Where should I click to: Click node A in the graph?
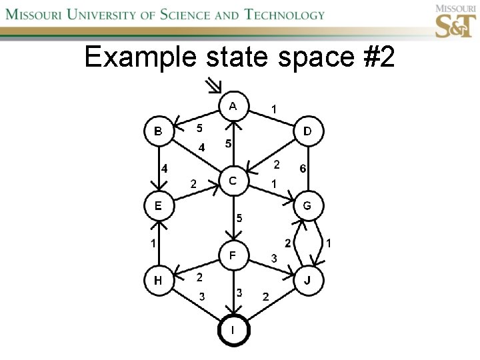[x=233, y=107]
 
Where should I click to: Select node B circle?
[x=159, y=131]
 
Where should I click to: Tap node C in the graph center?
[x=233, y=181]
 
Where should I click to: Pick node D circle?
[x=307, y=131]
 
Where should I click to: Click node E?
[x=159, y=205]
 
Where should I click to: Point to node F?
[x=233, y=255]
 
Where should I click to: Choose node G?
[x=307, y=205]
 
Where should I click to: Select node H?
[x=159, y=280]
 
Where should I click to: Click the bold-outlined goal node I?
[x=233, y=331]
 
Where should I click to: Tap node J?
[x=307, y=280]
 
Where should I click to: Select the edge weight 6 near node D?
[x=303, y=169]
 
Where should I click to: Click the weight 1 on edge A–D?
[x=275, y=108]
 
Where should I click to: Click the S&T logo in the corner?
[x=455, y=21]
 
